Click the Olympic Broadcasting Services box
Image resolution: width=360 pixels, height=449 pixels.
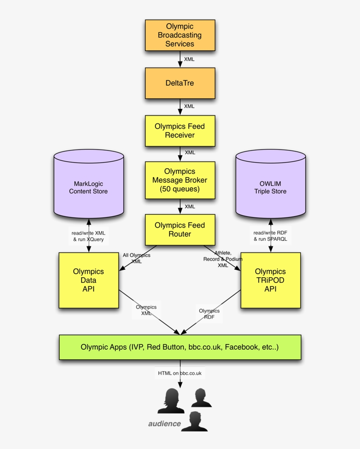(x=180, y=35)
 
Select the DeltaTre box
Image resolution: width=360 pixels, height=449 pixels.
(x=180, y=83)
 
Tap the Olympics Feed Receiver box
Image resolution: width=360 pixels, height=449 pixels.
(x=180, y=130)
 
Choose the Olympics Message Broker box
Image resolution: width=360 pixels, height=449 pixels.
(x=180, y=180)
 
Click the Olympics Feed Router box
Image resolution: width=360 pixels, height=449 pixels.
(x=180, y=229)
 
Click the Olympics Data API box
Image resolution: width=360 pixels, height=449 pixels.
(x=89, y=280)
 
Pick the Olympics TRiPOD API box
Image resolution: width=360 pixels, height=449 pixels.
(x=270, y=280)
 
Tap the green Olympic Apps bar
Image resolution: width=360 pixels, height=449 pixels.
(x=180, y=347)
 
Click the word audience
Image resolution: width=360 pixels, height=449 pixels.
(x=164, y=424)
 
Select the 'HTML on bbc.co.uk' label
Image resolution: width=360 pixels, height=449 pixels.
(x=180, y=373)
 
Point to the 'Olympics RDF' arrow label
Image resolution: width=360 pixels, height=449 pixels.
(x=209, y=314)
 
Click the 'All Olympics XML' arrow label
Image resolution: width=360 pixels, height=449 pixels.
(x=137, y=258)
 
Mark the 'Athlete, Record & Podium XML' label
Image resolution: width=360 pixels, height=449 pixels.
(x=223, y=259)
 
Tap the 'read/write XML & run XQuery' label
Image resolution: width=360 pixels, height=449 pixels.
(x=88, y=236)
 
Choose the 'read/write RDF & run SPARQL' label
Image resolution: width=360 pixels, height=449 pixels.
(x=270, y=236)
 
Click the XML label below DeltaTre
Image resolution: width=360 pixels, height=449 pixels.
(x=189, y=106)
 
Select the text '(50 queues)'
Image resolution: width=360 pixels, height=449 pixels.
(x=180, y=189)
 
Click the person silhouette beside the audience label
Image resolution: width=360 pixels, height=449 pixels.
(x=194, y=422)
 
